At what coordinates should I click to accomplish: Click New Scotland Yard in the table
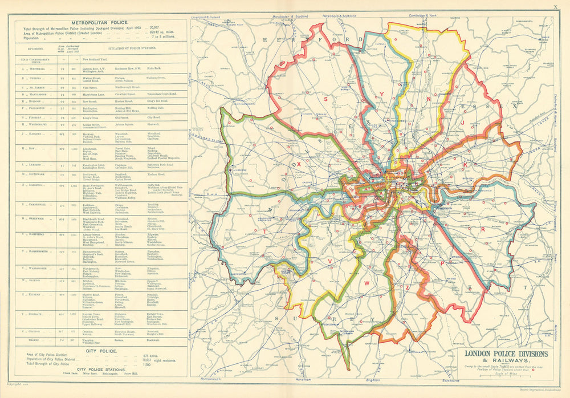(94, 59)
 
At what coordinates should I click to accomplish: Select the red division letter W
(368, 282)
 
